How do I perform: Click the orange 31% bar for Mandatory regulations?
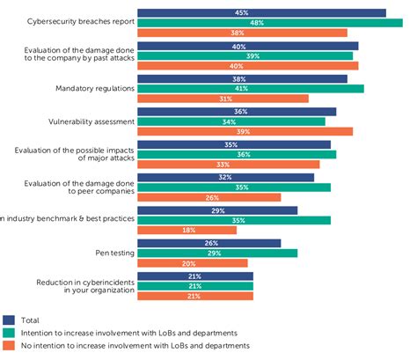(x=223, y=99)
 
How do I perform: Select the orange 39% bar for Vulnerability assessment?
(x=245, y=131)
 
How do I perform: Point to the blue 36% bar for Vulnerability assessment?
(x=238, y=112)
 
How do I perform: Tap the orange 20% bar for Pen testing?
(x=193, y=262)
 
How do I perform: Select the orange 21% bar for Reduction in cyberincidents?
(x=195, y=296)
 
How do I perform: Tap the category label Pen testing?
(x=114, y=253)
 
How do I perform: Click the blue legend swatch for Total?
(x=9, y=320)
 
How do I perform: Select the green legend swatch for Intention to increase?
(x=9, y=333)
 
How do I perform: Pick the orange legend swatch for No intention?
(x=9, y=346)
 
